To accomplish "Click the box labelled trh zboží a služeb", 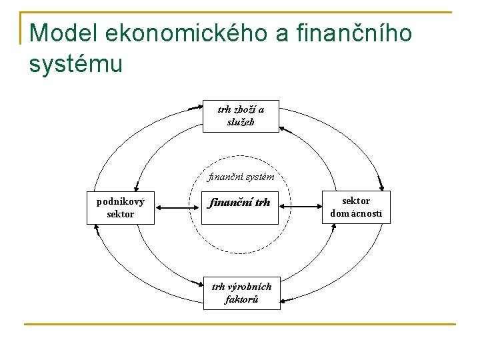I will (x=241, y=117).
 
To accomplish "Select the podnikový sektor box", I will (x=120, y=207).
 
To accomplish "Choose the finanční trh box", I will (x=240, y=203).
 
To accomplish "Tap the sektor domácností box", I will (x=357, y=207).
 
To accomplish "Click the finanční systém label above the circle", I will (x=241, y=177).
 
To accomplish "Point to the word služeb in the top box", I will (x=241, y=122).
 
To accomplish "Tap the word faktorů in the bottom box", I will (x=241, y=299).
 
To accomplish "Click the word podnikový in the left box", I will (x=120, y=201).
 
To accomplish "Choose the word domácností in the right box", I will (x=357, y=214).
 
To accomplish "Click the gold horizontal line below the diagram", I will (x=240, y=325).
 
